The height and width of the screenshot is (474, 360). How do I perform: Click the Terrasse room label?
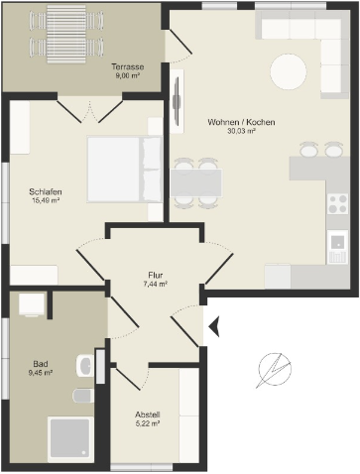128,66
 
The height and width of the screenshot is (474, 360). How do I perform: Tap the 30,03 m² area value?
241,131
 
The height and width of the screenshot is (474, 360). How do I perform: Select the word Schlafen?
46,191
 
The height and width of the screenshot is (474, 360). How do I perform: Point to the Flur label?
156,275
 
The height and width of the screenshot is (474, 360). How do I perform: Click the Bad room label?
41,364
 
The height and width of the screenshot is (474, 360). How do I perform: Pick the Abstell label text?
148,415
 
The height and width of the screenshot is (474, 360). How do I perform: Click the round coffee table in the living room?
289,71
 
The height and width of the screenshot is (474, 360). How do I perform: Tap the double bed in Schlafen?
125,169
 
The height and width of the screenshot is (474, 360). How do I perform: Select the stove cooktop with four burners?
338,204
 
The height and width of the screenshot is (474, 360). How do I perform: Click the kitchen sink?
338,247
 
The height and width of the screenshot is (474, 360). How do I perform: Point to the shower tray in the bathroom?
70,439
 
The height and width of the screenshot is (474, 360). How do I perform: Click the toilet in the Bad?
83,396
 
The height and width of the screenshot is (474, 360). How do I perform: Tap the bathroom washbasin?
85,366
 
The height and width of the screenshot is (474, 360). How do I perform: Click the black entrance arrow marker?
214,326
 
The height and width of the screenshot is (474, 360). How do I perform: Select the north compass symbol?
275,370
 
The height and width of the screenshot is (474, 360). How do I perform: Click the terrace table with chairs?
66,34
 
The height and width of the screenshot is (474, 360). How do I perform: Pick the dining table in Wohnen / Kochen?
196,183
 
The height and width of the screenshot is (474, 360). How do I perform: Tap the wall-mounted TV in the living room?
178,101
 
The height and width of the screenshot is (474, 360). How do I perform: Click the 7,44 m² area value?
156,284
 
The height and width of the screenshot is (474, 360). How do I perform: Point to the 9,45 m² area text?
41,373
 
